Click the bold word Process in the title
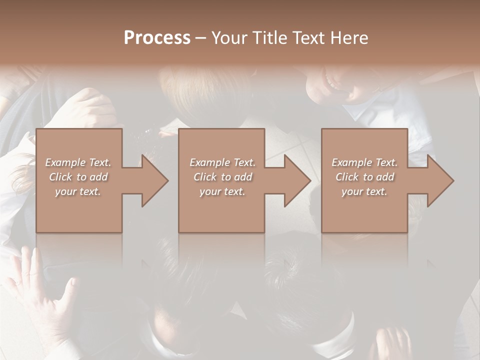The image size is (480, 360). [157, 38]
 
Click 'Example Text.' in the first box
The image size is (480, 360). [78, 162]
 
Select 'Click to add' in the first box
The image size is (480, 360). [78, 177]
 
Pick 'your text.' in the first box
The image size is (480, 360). [78, 191]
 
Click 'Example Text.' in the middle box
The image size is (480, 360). [222, 162]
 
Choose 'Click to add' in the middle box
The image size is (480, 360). [222, 177]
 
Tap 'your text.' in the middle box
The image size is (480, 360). [222, 191]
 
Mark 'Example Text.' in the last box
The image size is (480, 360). [364, 162]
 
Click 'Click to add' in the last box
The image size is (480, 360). [364, 177]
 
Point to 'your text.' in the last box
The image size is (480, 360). [364, 191]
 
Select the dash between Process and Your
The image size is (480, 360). [200, 38]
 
